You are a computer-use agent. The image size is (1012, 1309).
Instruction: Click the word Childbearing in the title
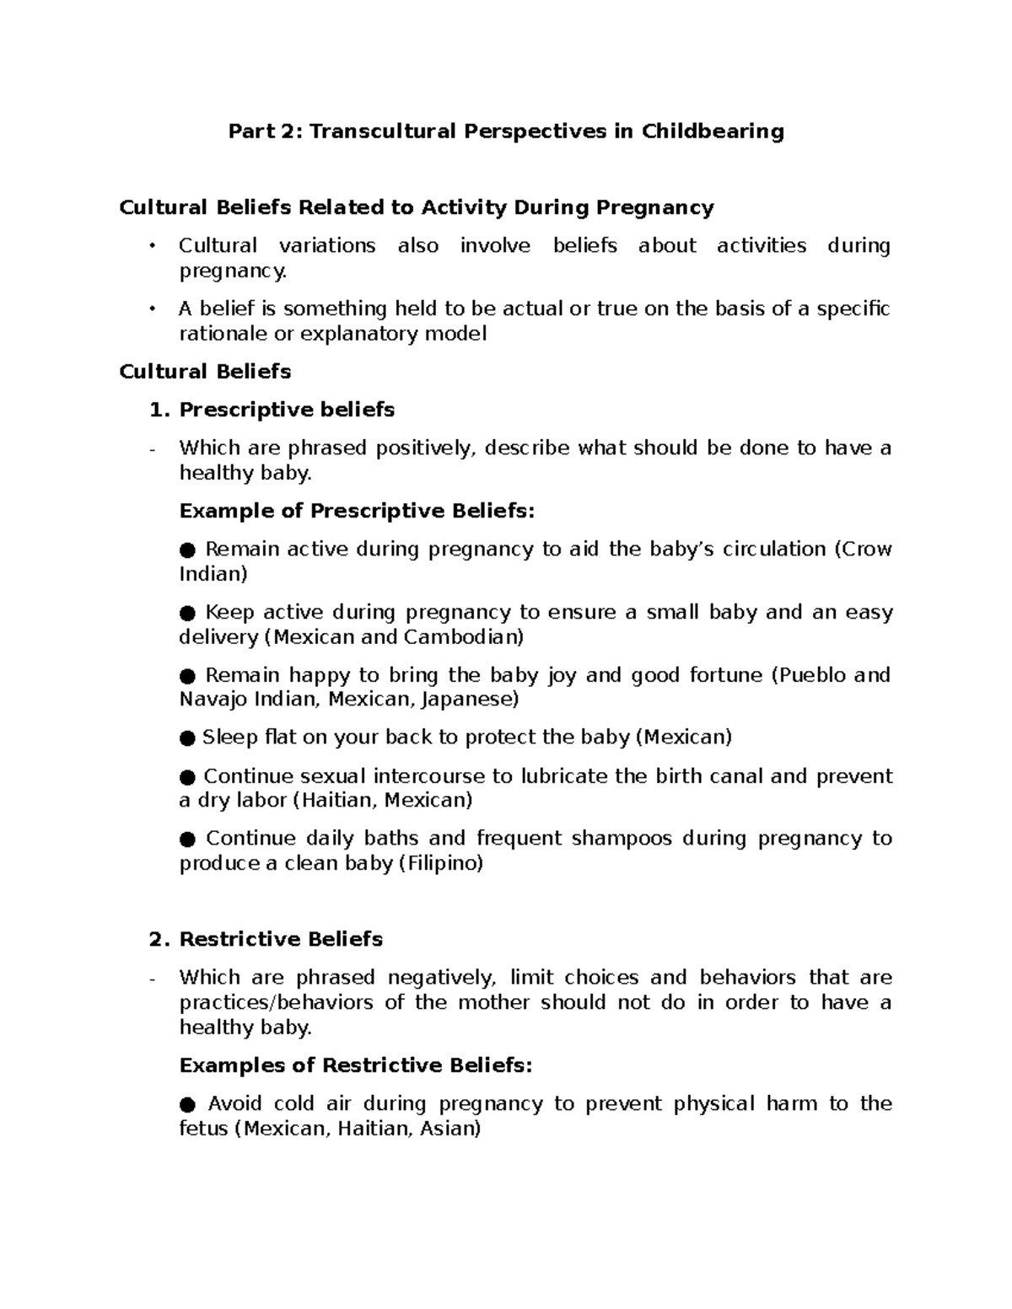(713, 131)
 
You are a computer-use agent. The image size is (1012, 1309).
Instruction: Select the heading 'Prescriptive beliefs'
(287, 410)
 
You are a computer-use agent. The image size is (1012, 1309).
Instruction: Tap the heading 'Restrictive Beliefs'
(281, 939)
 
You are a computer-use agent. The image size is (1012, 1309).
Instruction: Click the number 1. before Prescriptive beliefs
(159, 410)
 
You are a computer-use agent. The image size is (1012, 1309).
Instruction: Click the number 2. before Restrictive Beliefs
(159, 939)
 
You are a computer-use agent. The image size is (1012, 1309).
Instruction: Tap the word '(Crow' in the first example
(863, 550)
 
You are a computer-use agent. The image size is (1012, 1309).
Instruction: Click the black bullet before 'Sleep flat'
(187, 738)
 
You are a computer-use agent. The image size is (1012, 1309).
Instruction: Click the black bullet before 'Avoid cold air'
(188, 1104)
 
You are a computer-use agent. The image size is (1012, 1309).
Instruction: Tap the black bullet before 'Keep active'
(188, 613)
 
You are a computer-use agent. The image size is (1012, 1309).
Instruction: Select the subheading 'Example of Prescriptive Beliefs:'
(357, 511)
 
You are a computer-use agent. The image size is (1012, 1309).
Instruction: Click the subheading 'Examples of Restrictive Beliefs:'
(356, 1065)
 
